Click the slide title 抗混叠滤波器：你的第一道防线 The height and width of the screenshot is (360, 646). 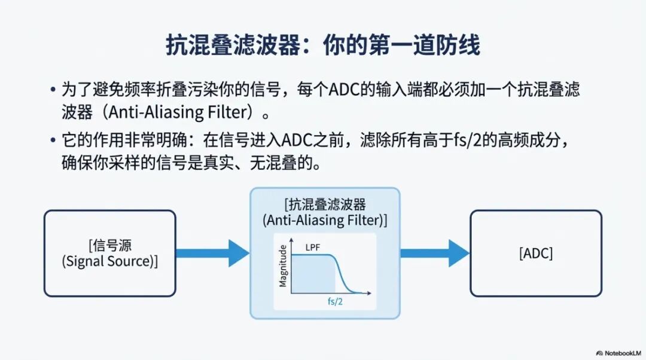point(323,45)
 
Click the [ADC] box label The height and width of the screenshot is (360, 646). point(535,254)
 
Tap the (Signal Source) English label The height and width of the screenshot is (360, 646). point(110,261)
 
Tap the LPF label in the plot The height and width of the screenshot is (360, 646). point(314,246)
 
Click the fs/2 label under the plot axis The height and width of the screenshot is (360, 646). point(335,302)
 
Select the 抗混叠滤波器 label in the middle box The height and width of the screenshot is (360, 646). point(325,205)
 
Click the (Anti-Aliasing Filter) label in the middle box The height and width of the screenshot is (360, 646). point(325,220)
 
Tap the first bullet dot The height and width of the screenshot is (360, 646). point(53,91)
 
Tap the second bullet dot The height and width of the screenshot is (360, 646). point(53,143)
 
